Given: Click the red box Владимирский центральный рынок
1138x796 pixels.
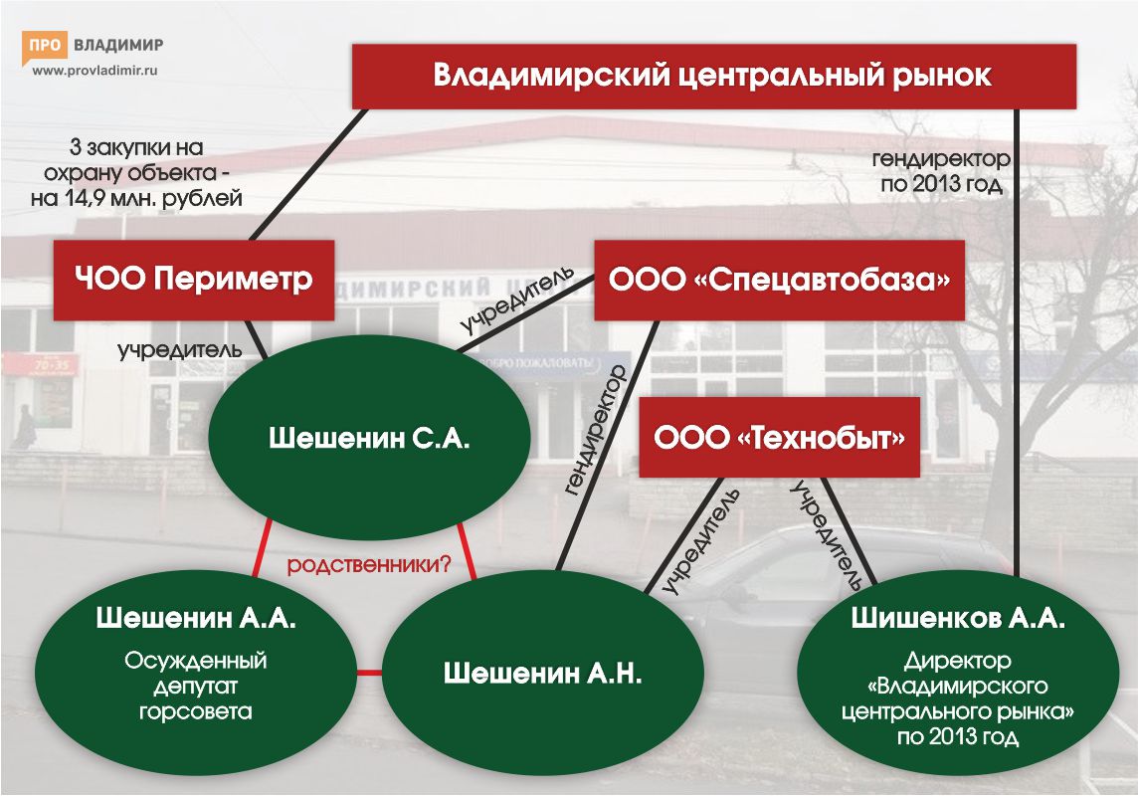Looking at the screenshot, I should pos(714,77).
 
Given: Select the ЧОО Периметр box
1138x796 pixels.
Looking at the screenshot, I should pos(193,280).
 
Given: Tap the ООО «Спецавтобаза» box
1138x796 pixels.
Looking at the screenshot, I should pos(779,280).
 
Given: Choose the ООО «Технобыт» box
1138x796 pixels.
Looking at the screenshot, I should pos(778,438).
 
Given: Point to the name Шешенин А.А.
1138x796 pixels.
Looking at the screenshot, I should pos(196,619).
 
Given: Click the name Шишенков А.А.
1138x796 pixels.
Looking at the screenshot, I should pos(958,619).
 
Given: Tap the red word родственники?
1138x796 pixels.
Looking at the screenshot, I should pos(369,566).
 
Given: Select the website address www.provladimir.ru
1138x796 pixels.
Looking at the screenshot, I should pos(95,71).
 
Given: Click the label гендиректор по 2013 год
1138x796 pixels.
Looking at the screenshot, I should pos(941,171).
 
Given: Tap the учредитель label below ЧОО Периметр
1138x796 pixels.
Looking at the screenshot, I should pos(180,349).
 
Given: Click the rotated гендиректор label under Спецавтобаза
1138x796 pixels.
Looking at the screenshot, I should pos(595,429).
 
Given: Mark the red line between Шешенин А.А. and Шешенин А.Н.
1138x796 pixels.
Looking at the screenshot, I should pos(369,673).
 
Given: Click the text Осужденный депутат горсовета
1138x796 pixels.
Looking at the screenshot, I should pos(196,686).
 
